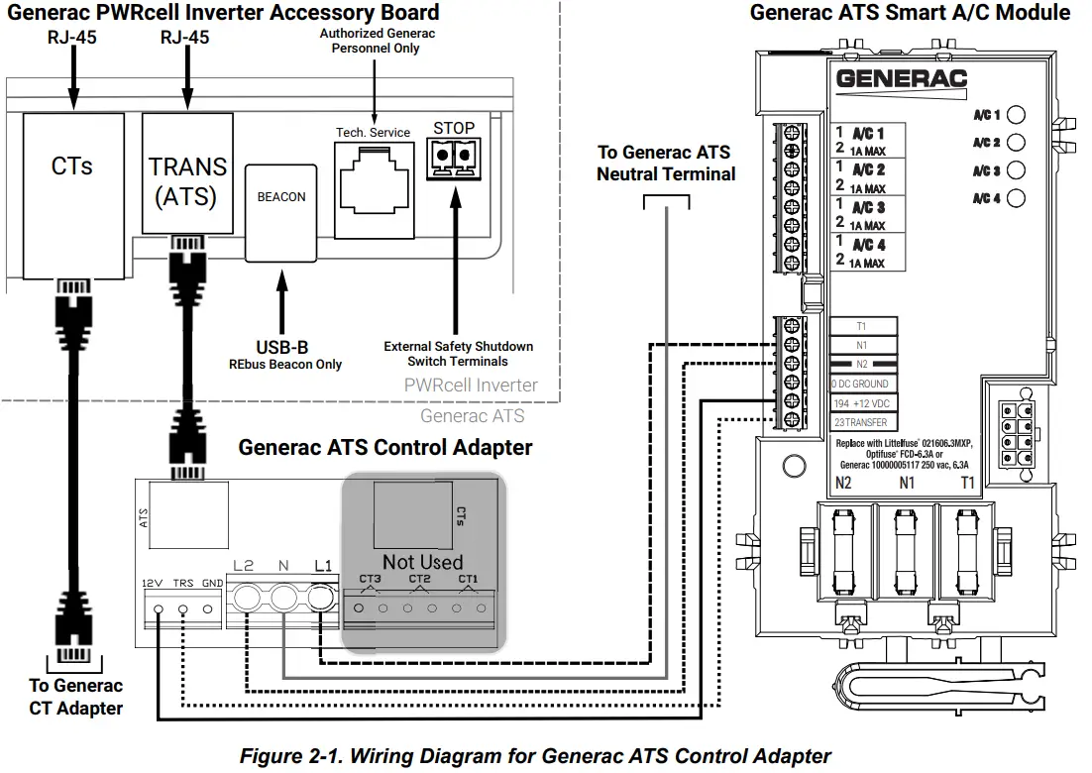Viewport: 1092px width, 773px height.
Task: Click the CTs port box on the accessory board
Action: [72, 193]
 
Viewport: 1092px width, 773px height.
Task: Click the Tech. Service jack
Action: [373, 188]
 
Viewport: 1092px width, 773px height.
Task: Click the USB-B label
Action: [282, 348]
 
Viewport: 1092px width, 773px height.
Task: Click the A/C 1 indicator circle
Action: [1016, 115]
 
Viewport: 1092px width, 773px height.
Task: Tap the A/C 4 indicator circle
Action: [1016, 198]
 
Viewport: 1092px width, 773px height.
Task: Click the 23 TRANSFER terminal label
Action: [863, 422]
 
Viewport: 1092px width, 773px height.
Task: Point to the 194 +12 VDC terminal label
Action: [863, 403]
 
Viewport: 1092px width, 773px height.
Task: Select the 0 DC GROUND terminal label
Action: [863, 384]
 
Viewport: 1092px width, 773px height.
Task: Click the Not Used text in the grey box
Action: [422, 562]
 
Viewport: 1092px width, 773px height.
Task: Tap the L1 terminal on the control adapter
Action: [321, 598]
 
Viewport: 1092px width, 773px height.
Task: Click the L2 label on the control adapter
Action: [244, 567]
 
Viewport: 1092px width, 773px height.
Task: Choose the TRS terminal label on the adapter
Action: [182, 583]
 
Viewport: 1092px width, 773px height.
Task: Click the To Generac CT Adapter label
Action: [75, 697]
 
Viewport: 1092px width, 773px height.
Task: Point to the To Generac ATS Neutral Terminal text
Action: [665, 164]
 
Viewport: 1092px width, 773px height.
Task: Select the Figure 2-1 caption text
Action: [535, 756]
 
